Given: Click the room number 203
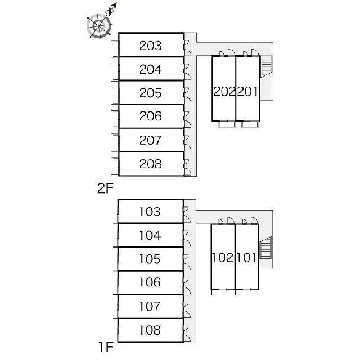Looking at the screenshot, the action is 151,46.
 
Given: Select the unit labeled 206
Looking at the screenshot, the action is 151,116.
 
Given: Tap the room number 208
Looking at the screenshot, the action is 151,164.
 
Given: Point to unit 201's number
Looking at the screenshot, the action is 247,91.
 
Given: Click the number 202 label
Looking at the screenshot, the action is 224,91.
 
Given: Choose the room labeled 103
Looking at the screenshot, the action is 150,211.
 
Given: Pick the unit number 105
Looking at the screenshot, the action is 150,259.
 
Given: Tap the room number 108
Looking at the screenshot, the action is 150,330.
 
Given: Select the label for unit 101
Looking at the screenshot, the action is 247,258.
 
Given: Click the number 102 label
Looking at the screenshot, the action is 223,258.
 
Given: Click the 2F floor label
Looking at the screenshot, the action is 105,188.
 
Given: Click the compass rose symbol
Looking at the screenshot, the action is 99,25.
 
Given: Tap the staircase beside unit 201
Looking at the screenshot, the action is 266,66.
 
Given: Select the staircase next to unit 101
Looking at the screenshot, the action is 266,248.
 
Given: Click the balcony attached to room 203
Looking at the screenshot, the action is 115,48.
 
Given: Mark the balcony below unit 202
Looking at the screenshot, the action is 226,124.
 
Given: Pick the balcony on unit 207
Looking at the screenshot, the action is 115,143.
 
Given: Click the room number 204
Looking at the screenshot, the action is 151,69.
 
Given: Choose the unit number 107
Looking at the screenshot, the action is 150,306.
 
